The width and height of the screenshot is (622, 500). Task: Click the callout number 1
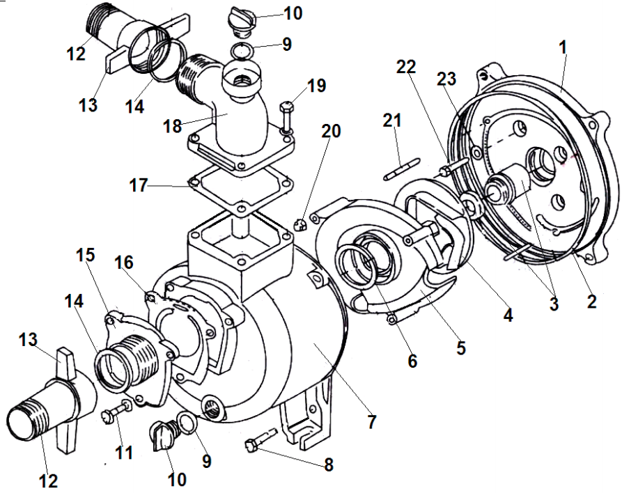[563, 47]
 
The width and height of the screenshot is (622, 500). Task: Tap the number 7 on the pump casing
[372, 421]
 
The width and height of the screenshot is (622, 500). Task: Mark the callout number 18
[172, 126]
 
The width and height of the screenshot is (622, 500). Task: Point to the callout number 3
[554, 304]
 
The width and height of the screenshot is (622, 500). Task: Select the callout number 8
[328, 464]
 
